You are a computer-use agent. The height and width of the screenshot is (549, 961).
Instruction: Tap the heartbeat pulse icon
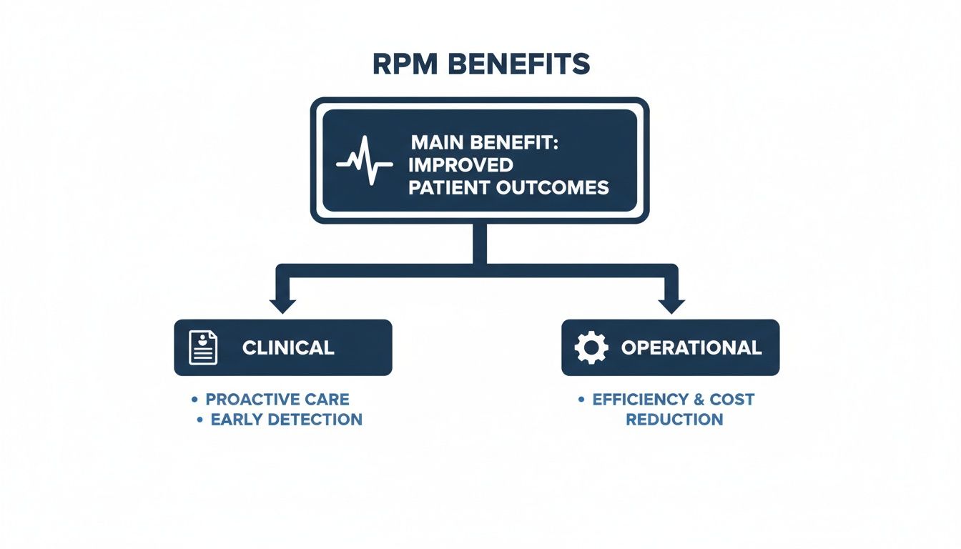click(365, 162)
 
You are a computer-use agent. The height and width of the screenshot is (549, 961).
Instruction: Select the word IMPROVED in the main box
click(460, 164)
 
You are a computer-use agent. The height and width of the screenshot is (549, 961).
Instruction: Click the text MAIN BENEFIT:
click(483, 142)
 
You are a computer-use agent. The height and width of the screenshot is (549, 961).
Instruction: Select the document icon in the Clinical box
click(203, 348)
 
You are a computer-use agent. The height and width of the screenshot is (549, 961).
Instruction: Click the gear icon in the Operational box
click(591, 348)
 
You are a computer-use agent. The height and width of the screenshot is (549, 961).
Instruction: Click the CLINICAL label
click(288, 348)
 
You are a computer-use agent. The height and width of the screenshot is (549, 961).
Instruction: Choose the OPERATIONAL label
click(691, 348)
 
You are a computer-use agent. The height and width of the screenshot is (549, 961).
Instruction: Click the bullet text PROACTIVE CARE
click(277, 399)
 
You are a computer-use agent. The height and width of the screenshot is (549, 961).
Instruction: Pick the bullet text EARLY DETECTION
click(286, 420)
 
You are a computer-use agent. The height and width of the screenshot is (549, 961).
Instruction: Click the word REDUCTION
click(674, 420)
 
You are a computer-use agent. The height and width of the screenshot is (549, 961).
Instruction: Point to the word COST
click(731, 399)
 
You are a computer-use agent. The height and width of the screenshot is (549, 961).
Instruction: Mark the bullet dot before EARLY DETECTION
click(199, 420)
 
